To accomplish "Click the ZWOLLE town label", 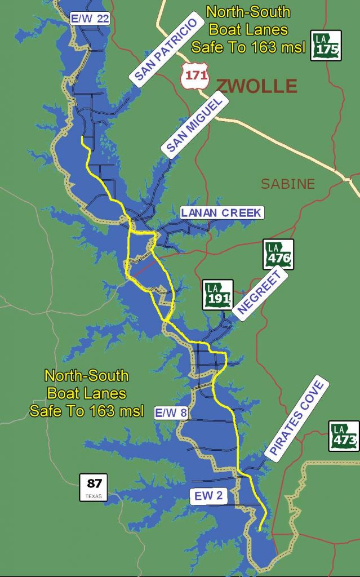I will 256,86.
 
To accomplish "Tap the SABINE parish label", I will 287,184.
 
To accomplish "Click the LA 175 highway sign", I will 326,45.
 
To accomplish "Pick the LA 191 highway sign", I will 218,294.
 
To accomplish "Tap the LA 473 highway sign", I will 344,436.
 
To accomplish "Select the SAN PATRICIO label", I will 166,51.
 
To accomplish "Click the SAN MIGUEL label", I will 195,123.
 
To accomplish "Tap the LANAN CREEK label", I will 221,213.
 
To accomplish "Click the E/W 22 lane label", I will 90,19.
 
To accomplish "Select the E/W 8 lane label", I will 171,413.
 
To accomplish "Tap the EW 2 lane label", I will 208,496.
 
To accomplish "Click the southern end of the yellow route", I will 259,530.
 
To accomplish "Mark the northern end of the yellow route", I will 83,137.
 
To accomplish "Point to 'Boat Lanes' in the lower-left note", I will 87,393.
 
